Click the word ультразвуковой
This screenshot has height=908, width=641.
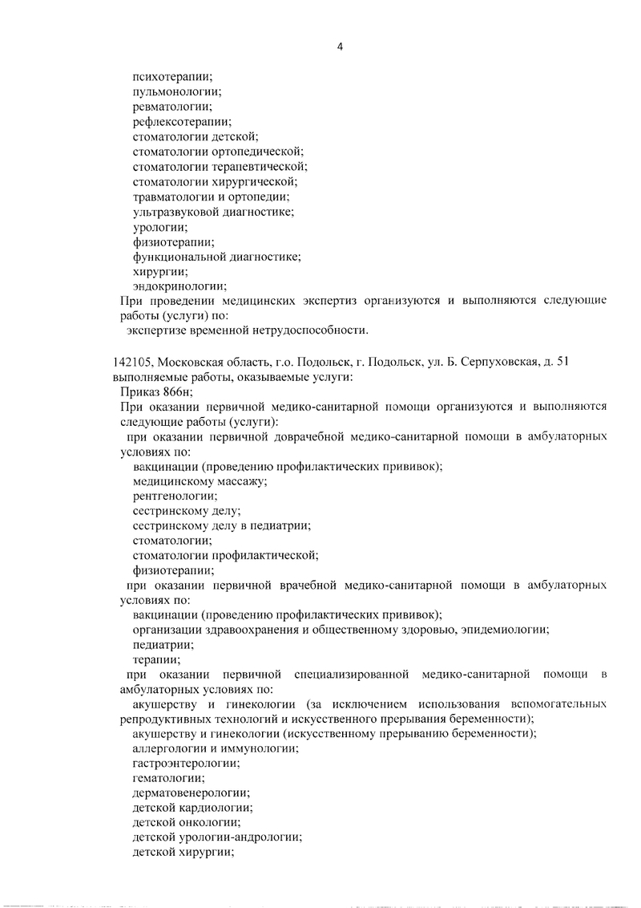(x=177, y=213)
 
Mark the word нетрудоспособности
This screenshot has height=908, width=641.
(x=313, y=330)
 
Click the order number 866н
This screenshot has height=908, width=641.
(x=177, y=391)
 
